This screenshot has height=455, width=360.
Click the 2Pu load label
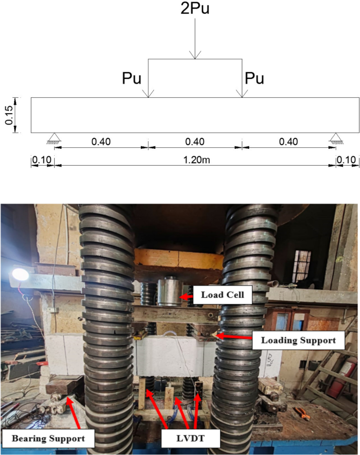click(x=194, y=9)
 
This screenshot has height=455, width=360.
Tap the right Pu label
click(x=254, y=79)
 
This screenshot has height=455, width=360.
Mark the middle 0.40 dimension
click(x=195, y=142)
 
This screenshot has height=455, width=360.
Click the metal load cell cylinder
click(x=169, y=292)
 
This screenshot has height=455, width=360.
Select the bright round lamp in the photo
click(x=20, y=275)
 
